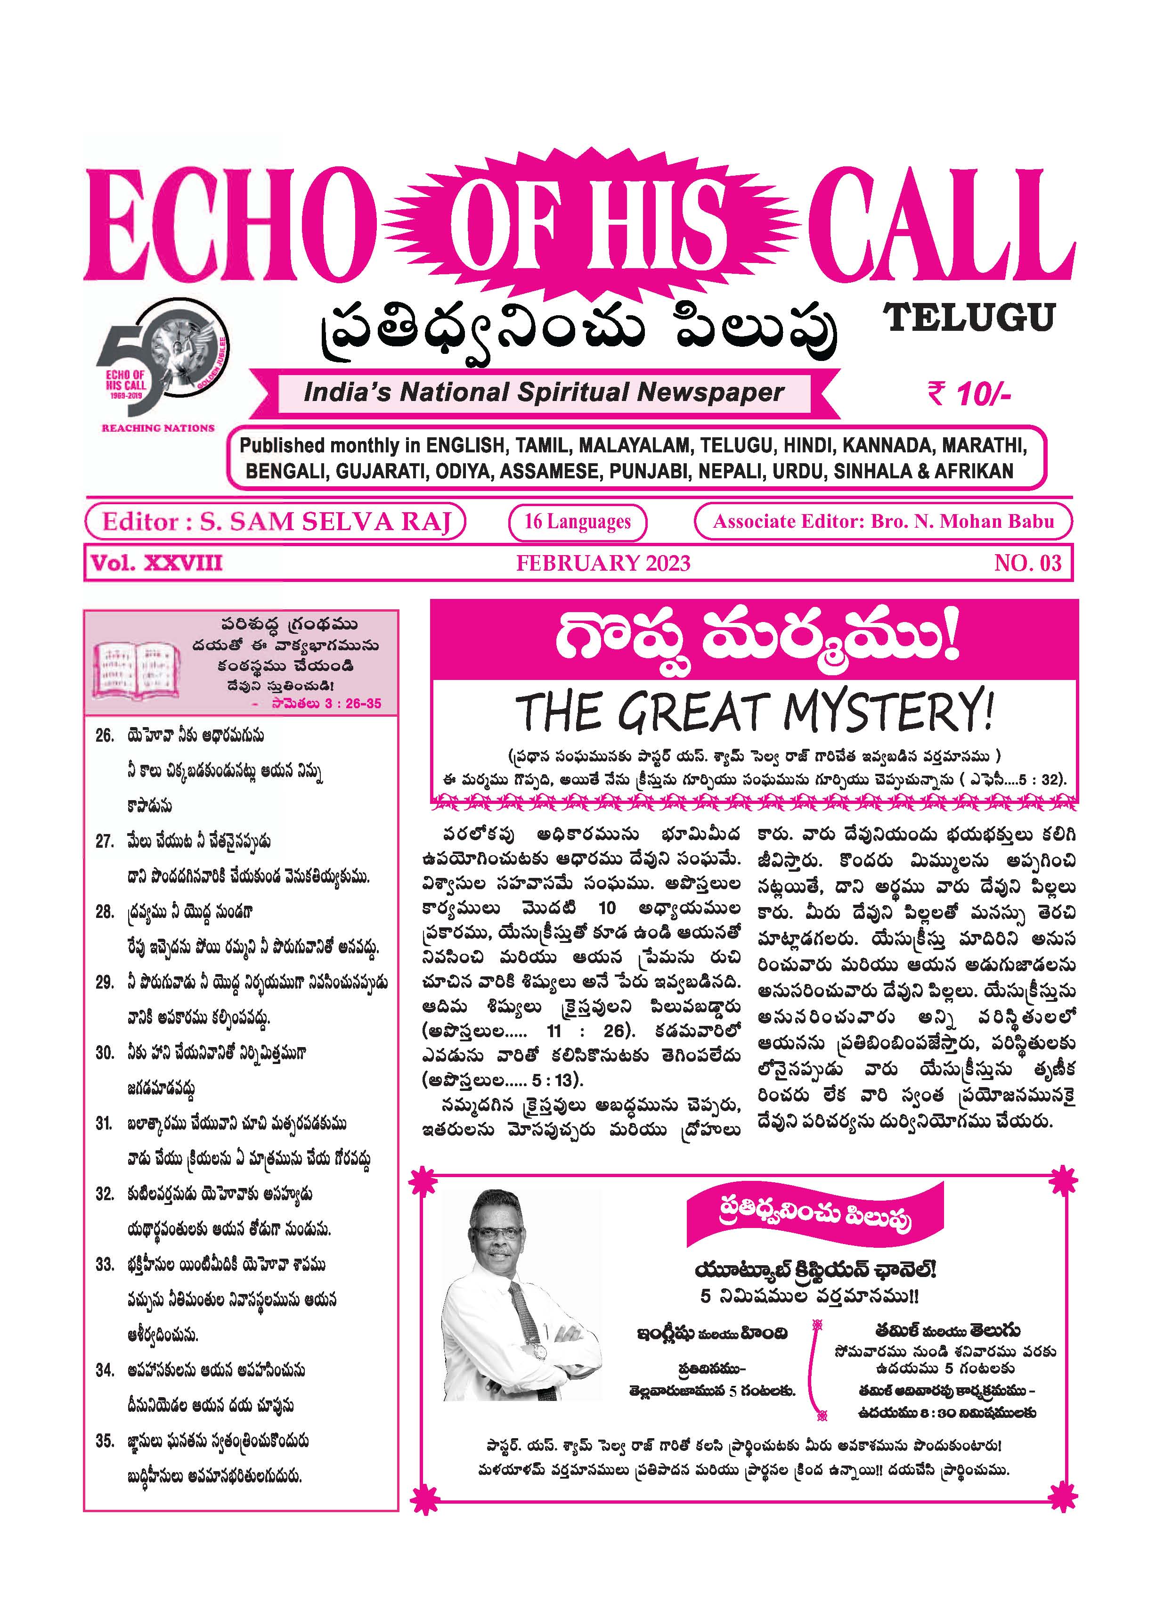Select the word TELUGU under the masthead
click(969, 318)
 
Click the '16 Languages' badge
click(577, 522)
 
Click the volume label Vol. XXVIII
click(156, 563)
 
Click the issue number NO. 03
click(1027, 563)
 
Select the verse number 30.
click(105, 1053)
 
